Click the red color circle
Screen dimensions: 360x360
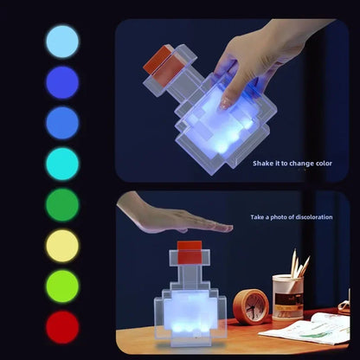pyautogui.click(x=61, y=327)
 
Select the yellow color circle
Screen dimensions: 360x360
pyautogui.click(x=61, y=246)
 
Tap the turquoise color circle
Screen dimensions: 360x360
pyautogui.click(x=61, y=164)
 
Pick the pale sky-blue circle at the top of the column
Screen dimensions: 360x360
pyautogui.click(x=61, y=41)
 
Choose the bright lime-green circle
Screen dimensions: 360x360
pyautogui.click(x=61, y=286)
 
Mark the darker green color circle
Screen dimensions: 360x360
pyautogui.click(x=61, y=205)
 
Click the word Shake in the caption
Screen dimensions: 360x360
pyautogui.click(x=263, y=163)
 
